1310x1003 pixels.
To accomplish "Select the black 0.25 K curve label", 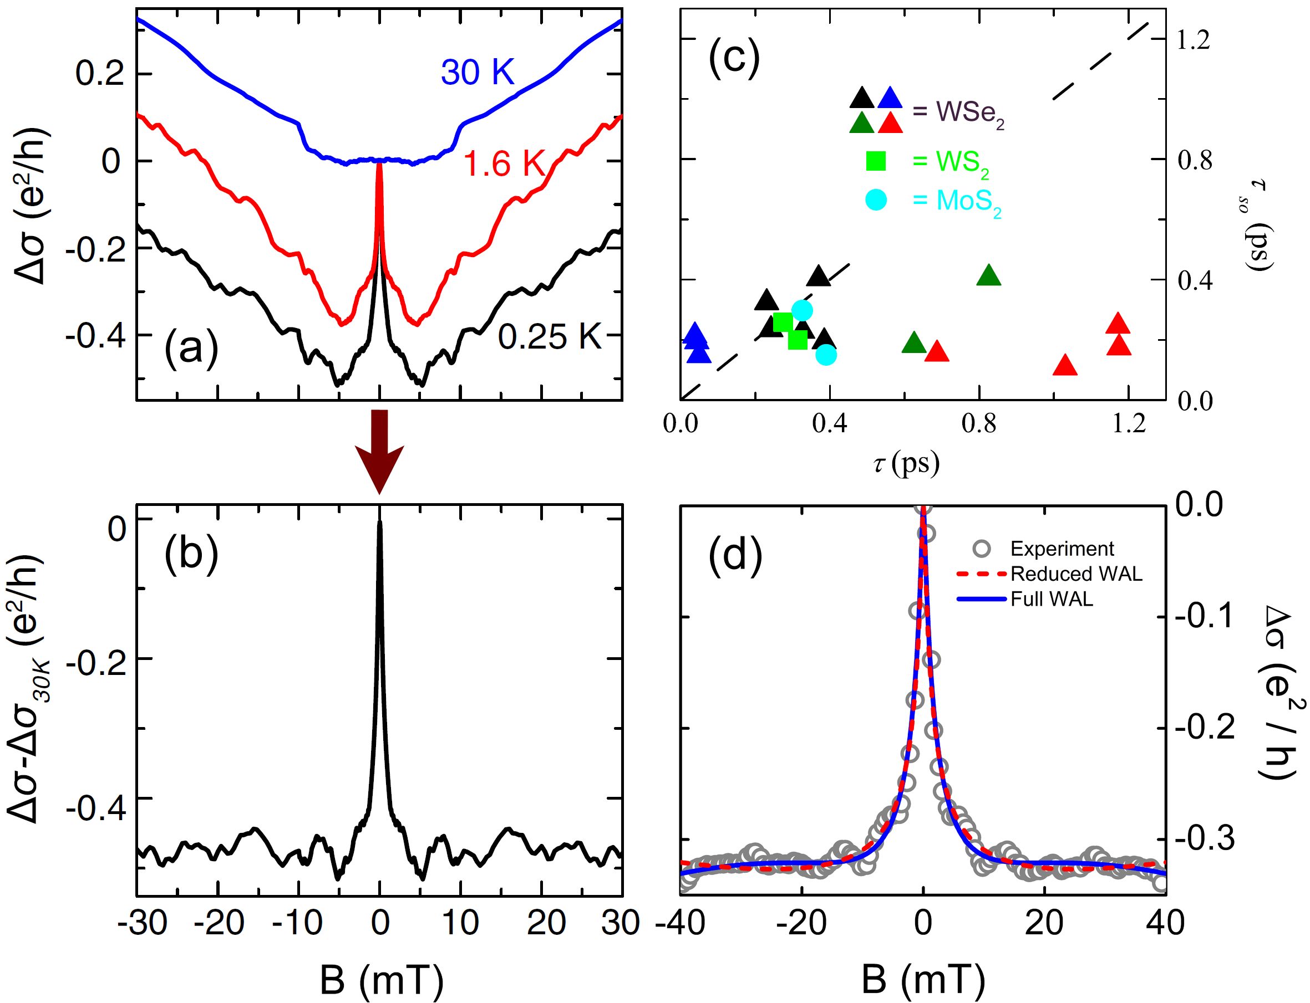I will tap(549, 336).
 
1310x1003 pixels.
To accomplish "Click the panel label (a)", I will tap(191, 348).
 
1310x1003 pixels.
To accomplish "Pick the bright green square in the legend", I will tap(876, 161).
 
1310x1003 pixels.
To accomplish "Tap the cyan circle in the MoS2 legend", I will tap(876, 199).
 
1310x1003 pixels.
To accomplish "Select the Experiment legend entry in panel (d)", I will tap(1062, 548).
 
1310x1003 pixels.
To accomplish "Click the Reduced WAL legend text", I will tap(1076, 574).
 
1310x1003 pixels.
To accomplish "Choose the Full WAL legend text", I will tap(1052, 599).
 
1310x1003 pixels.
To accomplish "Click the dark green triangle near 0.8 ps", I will tap(989, 276).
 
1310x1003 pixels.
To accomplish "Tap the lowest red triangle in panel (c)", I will tap(1064, 365).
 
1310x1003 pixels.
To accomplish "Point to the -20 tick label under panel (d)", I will tap(800, 923).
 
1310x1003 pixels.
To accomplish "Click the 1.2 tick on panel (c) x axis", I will tap(1129, 423).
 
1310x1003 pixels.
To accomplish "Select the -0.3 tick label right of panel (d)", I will tap(1204, 838).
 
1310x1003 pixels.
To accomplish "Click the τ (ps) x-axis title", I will tap(906, 463).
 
